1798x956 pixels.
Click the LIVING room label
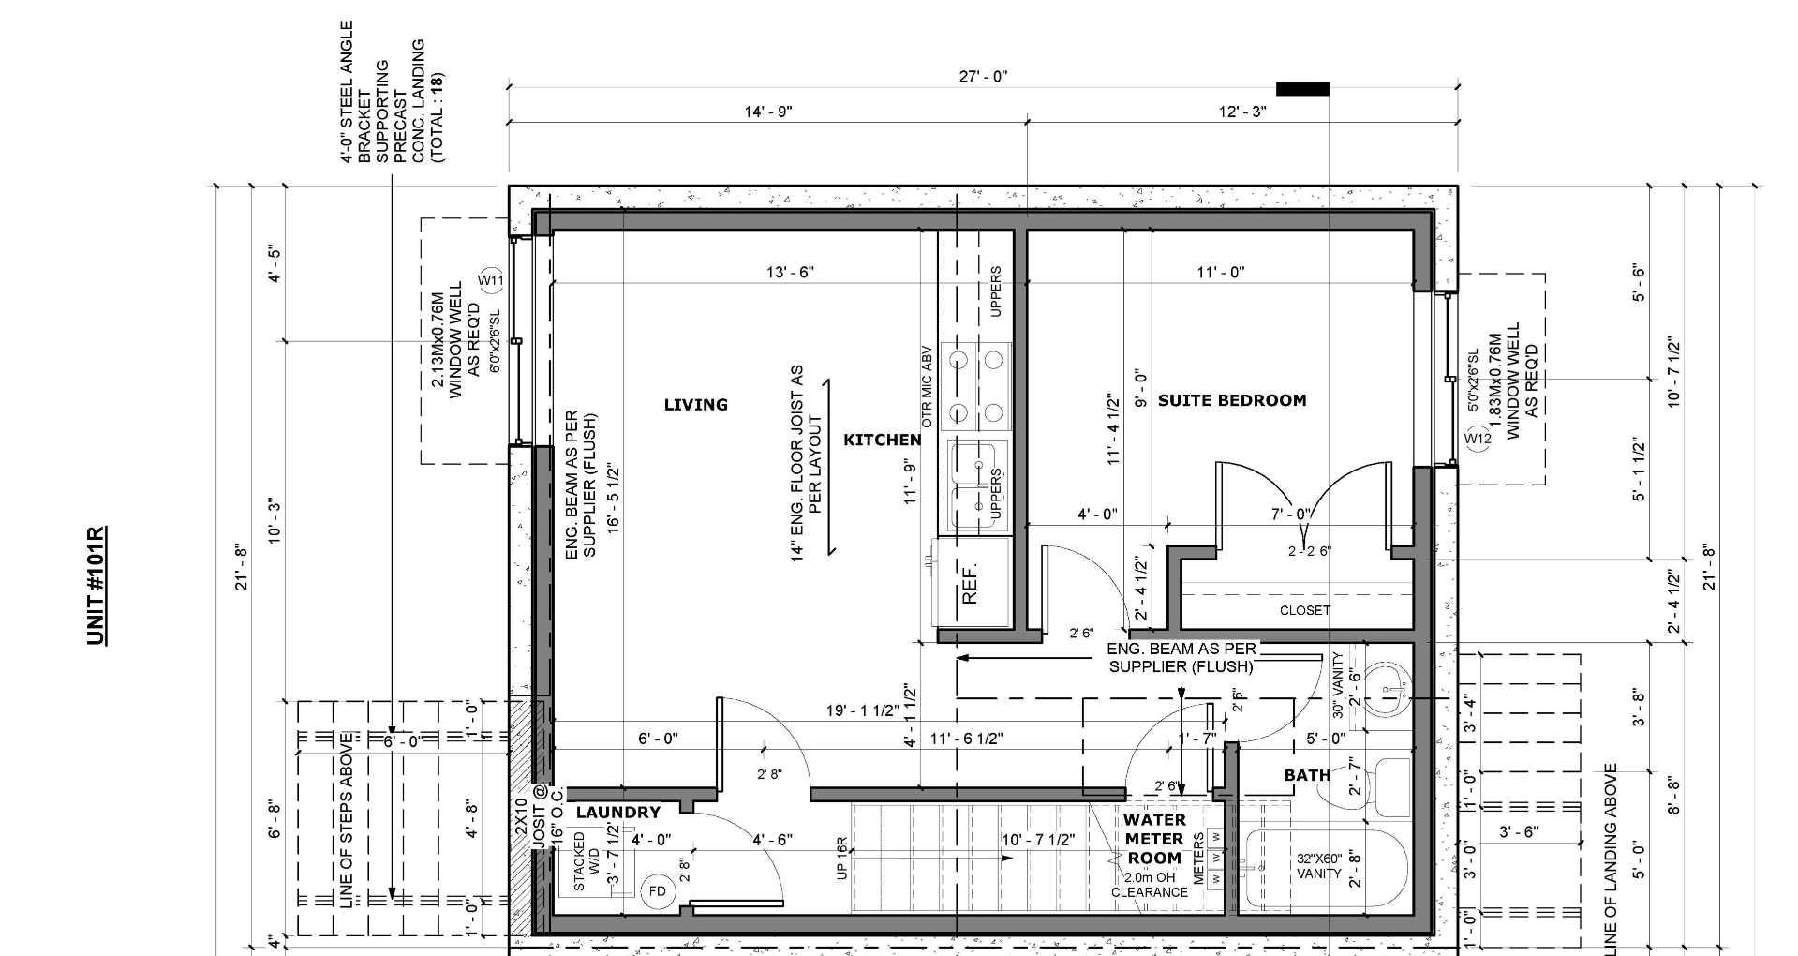click(x=695, y=405)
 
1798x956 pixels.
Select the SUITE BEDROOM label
click(x=1232, y=400)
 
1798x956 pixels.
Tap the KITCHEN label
click(x=882, y=440)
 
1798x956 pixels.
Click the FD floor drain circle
click(x=657, y=890)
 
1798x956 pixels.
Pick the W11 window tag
click(x=491, y=280)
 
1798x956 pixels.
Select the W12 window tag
click(x=1478, y=439)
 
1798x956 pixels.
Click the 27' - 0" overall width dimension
click(x=983, y=77)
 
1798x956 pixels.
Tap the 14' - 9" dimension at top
click(x=768, y=112)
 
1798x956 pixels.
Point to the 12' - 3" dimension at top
click(x=1242, y=112)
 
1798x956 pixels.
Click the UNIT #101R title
click(x=97, y=586)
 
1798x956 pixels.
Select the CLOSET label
click(x=1304, y=610)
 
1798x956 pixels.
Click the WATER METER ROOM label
click(x=1153, y=839)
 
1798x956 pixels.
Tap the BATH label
click(x=1307, y=775)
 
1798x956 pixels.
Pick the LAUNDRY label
click(x=617, y=813)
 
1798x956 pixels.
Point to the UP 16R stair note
click(x=841, y=858)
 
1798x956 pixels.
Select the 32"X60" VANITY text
click(x=1319, y=865)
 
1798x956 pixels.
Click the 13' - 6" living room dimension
click(x=790, y=272)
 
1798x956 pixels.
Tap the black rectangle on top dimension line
click(x=1302, y=89)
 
